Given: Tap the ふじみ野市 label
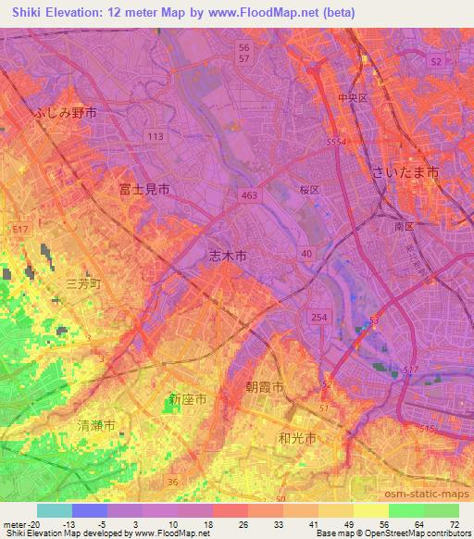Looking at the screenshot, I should [65, 112].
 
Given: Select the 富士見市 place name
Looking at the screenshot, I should [144, 189].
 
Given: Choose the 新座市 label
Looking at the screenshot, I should [187, 399].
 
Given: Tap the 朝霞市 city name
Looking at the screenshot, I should [264, 387].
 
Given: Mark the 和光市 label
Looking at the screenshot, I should [298, 437].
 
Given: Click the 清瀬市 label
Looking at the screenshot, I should [96, 426].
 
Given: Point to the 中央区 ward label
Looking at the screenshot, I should [354, 96].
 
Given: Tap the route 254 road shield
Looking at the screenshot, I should [318, 317].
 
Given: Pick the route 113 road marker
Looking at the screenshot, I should [155, 136].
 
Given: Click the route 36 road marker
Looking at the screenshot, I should [172, 481].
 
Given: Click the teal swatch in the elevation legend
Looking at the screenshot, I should [55, 510].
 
